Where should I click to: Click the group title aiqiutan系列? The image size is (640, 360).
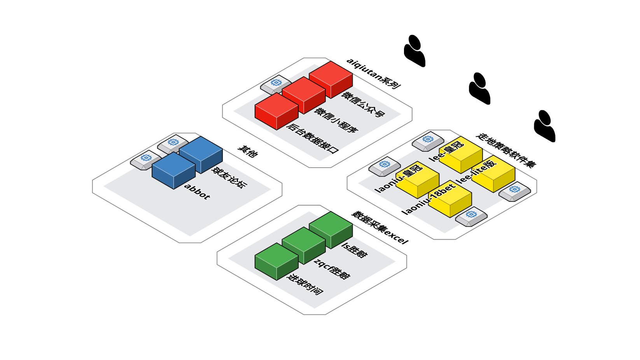374,73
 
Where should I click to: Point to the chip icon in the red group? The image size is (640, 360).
276,83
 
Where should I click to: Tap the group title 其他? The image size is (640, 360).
248,151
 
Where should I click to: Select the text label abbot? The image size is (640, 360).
197,191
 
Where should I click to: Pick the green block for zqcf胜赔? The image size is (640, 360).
304,245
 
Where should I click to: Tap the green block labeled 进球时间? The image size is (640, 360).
276,261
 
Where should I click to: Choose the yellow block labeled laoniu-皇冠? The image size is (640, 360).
417,179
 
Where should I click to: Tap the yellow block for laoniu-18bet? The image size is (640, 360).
450,199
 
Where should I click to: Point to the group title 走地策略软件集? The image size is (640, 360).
506,151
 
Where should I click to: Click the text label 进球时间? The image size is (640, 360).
305,285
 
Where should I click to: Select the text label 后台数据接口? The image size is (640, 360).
313,138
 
